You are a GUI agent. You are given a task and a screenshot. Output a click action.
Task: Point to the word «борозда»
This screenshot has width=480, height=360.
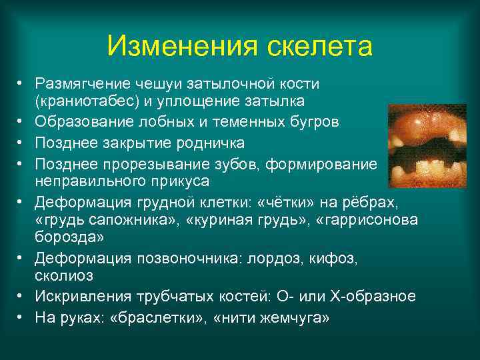tap(64, 237)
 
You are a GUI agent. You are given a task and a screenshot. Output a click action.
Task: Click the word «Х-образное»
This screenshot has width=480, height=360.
tap(378, 295)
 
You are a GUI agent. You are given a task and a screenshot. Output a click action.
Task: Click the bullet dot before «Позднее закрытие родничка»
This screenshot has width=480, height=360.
tap(21, 143)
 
